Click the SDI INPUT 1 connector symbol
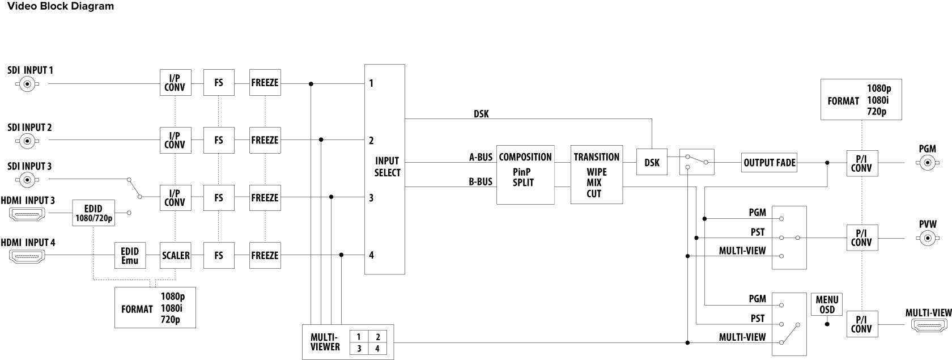click(x=27, y=84)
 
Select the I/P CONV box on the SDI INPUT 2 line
click(x=175, y=140)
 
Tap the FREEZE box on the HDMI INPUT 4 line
click(x=265, y=255)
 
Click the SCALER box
click(x=176, y=255)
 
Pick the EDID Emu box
click(x=130, y=255)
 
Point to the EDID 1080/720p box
click(x=93, y=213)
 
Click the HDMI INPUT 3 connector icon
click(x=27, y=214)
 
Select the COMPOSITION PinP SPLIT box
click(x=525, y=175)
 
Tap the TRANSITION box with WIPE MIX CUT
click(x=596, y=175)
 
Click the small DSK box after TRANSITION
click(x=652, y=163)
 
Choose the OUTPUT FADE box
click(x=769, y=163)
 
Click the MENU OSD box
click(x=827, y=304)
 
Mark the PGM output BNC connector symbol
click(x=927, y=163)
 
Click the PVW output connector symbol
click(x=927, y=238)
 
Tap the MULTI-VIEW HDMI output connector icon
click(x=928, y=325)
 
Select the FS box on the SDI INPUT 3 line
click(x=219, y=197)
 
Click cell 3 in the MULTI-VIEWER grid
click(x=359, y=348)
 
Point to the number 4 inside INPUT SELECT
click(x=371, y=255)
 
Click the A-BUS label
click(x=481, y=157)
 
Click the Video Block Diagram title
click(x=60, y=6)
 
